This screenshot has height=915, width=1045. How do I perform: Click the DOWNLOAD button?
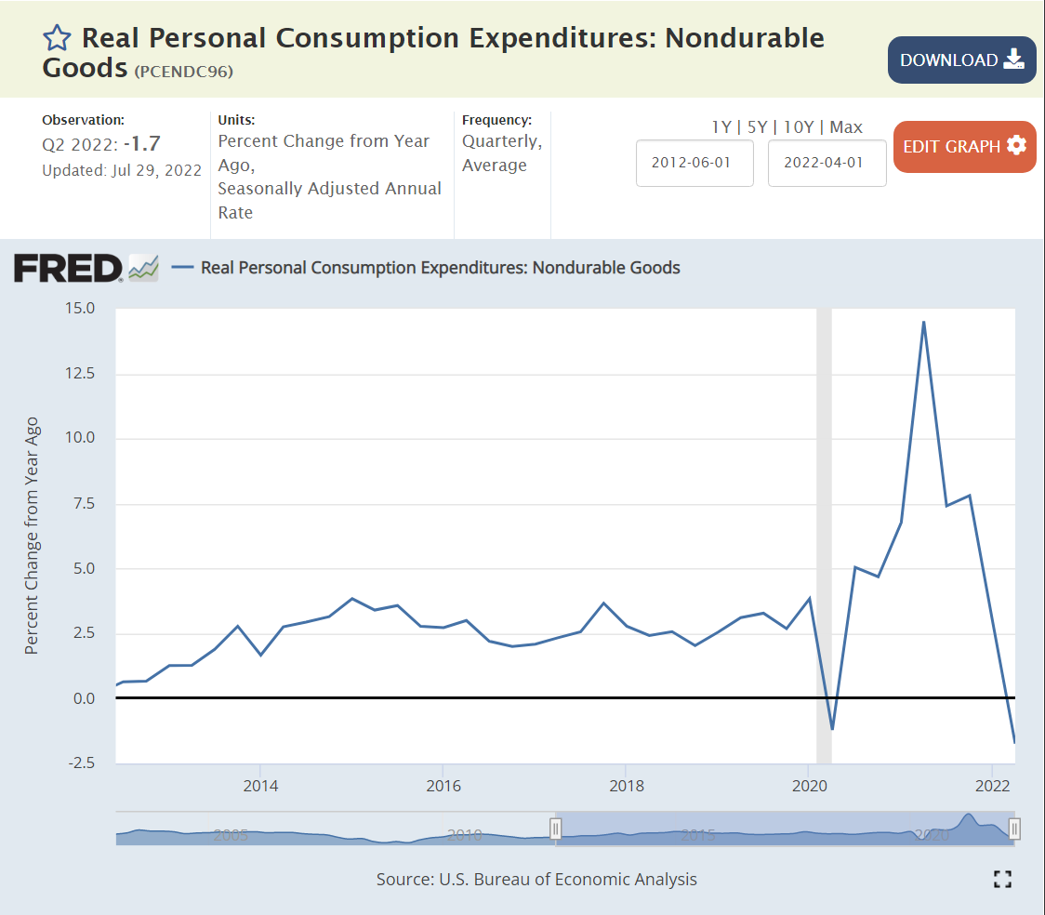coord(961,60)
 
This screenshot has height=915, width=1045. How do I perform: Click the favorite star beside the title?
coord(57,38)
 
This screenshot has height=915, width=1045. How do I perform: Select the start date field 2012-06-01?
coord(694,163)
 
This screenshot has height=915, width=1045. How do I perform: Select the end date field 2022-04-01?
coord(827,163)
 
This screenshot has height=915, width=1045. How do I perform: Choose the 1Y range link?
coord(721,127)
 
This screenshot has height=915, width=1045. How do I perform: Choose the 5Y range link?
coord(757,127)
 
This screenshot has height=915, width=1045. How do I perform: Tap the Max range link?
coord(846,127)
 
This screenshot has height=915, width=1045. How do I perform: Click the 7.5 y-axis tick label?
coord(83,503)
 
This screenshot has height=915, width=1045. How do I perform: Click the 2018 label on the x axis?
coord(626,785)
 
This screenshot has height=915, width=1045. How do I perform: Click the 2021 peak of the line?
coord(923,322)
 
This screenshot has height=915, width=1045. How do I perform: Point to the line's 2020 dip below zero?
coord(832,729)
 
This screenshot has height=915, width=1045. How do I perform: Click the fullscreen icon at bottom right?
coord(1002,879)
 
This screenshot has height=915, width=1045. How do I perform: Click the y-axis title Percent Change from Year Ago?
coord(32,535)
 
